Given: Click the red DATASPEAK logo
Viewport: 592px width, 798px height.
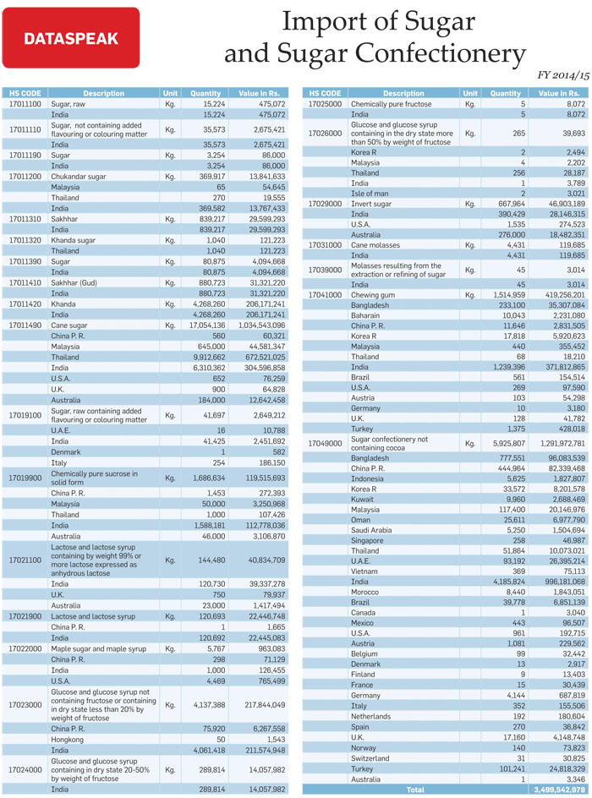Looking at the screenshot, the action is point(71,38).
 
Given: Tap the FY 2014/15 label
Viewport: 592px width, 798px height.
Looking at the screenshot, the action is point(563,75).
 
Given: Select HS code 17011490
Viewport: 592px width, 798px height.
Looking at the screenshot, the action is point(25,325).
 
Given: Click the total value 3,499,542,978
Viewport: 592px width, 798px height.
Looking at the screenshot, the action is point(559,790).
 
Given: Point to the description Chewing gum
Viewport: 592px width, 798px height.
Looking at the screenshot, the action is point(373,295).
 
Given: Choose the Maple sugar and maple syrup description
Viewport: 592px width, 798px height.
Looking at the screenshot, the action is point(98,649).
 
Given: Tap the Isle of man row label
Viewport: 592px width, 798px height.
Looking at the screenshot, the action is point(370,194).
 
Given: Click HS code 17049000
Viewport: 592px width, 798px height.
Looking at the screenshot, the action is point(326,443).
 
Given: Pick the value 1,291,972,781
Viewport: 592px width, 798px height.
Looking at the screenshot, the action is point(562,443).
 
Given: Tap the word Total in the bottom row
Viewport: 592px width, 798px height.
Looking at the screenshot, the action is point(415,790).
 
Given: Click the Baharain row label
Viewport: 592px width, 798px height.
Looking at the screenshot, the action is point(365,315).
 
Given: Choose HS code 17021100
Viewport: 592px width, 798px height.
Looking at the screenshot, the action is point(25,560).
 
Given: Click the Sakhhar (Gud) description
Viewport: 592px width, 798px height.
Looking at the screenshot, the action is point(74,282).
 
